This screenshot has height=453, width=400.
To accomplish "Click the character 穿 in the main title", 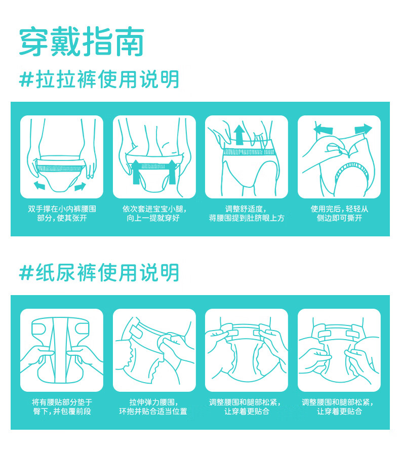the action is (x=34, y=42).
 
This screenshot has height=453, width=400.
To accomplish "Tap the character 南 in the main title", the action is (x=129, y=42).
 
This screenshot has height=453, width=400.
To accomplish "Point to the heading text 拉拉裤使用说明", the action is (x=107, y=79).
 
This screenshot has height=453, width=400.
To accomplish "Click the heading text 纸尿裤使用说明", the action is (x=107, y=273).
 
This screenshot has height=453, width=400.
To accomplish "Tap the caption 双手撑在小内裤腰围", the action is (x=62, y=209).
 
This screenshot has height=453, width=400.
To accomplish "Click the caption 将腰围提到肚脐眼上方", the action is (x=247, y=218).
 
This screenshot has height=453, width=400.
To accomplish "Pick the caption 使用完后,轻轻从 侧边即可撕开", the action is (x=339, y=214).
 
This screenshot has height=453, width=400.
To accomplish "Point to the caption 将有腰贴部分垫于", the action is (x=62, y=402).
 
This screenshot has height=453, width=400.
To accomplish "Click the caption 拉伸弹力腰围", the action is (x=152, y=402).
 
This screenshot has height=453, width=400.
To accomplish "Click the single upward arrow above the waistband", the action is (x=239, y=135).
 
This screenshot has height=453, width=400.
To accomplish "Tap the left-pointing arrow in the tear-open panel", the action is (x=324, y=129).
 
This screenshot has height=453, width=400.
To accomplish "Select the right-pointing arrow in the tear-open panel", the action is (x=364, y=129).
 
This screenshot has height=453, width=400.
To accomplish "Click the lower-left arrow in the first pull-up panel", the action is (x=39, y=185).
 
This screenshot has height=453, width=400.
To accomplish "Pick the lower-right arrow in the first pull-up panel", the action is (x=80, y=186).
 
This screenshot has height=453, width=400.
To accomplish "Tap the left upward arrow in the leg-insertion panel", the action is (x=136, y=172).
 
